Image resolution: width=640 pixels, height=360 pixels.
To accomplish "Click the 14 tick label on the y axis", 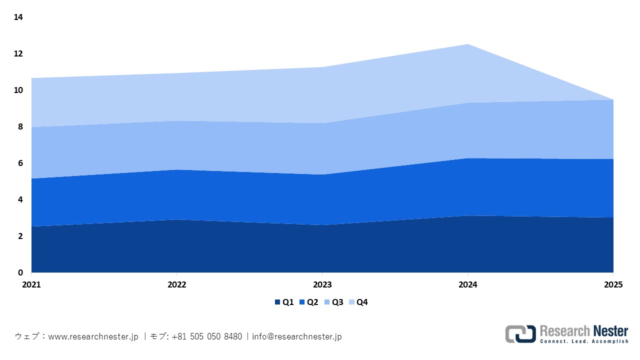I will pos(18,17).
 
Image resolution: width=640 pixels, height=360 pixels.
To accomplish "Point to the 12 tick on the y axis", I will pos(18,54).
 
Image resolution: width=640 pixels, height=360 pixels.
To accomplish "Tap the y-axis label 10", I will pos(18,90).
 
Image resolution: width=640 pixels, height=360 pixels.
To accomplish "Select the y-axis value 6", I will pos(20,163).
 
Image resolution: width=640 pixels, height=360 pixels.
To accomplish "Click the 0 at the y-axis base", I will pos(20,272).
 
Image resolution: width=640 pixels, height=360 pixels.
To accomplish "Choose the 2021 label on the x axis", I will pos(31,284).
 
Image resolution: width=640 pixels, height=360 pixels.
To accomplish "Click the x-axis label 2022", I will pos(176,284).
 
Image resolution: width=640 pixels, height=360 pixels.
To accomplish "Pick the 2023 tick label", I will pos(322,284).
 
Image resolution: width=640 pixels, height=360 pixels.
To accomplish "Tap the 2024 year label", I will pos(467,284).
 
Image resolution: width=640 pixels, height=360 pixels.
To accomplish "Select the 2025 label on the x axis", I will pos(612,284).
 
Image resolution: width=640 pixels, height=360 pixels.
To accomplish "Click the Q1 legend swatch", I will pos(277,302).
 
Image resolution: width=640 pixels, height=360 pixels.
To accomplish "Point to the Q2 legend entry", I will pos(308,302).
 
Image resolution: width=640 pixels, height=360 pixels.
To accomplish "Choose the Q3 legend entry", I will pos(333,302).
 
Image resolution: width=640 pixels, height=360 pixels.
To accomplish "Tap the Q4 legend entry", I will pos(358,302).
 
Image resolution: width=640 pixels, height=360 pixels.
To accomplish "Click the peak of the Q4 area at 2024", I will pos(467,45).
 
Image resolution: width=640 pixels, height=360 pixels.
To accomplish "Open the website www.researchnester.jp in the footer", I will pos(93,336).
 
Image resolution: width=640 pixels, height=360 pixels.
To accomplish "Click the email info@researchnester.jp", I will pos(297,336).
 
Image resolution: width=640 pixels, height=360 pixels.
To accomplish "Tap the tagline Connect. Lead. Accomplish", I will pos(584,341).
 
